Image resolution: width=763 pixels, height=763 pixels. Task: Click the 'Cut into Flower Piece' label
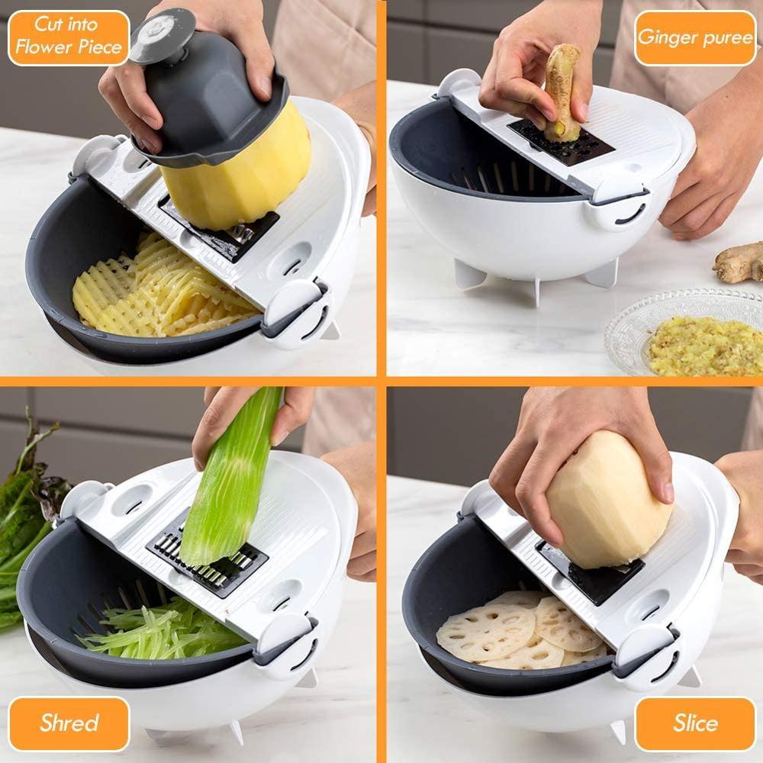pos(69,37)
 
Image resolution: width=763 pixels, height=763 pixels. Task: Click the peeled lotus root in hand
pos(607,500)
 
